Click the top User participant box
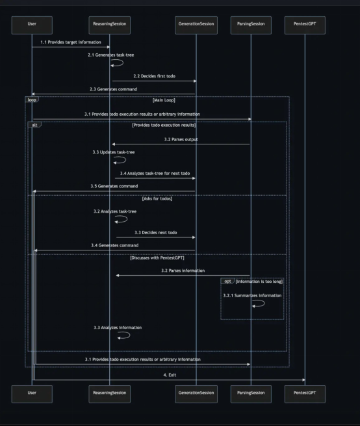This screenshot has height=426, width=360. point(32,25)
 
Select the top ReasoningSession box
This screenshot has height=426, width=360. point(109,25)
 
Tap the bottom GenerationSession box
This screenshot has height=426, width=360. point(196,394)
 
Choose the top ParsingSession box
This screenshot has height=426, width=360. point(251,25)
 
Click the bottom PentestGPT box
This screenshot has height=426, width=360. point(305,394)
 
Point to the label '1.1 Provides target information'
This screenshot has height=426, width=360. point(71,42)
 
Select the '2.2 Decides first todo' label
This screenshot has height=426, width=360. point(154,76)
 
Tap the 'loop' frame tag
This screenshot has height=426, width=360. point(32,100)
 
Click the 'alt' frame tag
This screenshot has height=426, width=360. point(34,125)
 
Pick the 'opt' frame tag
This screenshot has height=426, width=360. point(227,281)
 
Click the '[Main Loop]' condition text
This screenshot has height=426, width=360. point(164,100)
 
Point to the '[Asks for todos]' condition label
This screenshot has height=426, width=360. point(157,198)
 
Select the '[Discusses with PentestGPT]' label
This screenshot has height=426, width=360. point(157,258)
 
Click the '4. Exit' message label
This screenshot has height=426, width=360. point(170,375)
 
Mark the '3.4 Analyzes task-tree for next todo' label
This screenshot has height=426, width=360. point(155,174)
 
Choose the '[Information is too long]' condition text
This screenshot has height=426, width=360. point(259,282)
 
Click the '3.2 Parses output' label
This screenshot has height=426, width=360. point(181,139)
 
